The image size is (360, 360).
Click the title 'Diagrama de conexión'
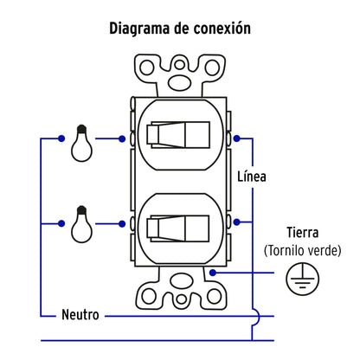click(x=180, y=29)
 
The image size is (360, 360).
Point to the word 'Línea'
click(x=251, y=177)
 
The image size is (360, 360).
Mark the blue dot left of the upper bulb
click(x=62, y=138)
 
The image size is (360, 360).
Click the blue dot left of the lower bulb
click(x=62, y=223)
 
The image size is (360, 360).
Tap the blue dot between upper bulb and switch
click(x=120, y=138)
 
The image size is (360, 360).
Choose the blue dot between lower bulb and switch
click(x=120, y=223)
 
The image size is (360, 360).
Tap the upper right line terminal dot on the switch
click(x=235, y=138)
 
